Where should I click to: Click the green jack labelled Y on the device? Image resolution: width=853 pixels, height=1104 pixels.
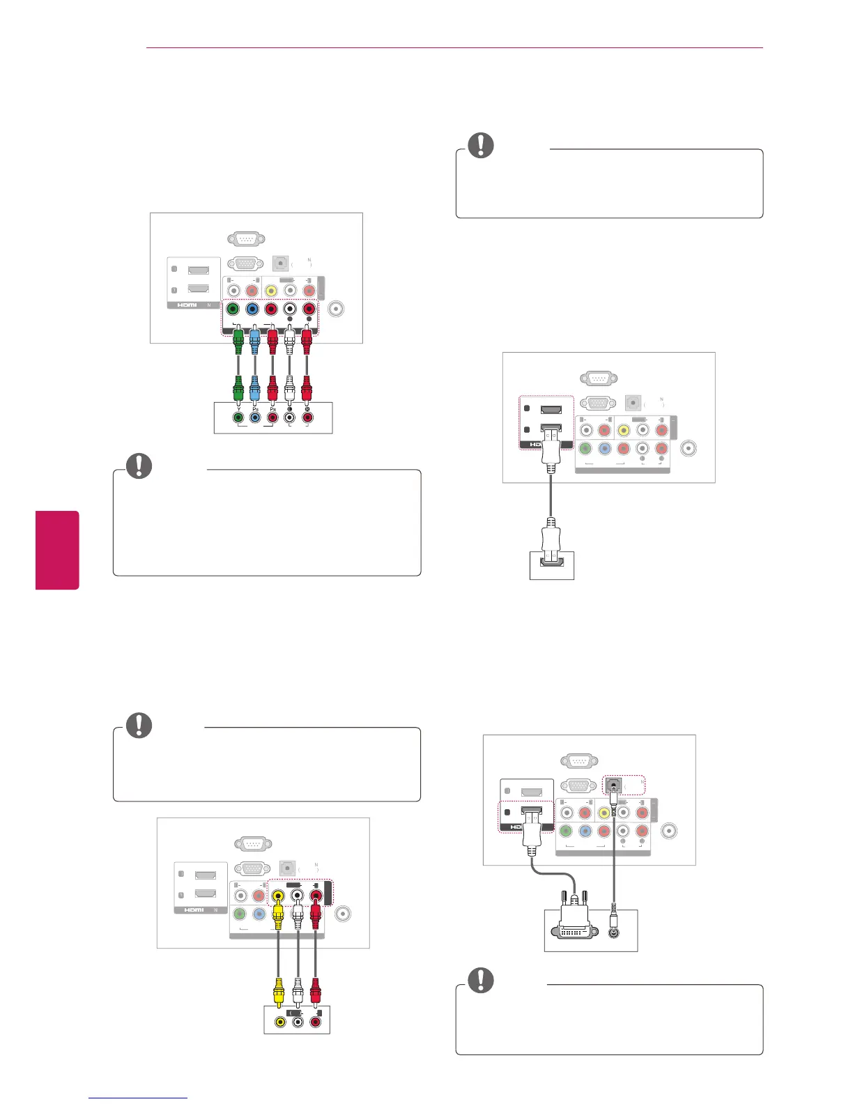(x=239, y=417)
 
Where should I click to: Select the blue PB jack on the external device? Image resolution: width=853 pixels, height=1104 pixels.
(x=256, y=417)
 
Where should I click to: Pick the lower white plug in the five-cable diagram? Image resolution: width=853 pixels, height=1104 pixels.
(x=290, y=385)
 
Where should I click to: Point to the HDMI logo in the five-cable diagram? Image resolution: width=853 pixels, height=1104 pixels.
(x=187, y=305)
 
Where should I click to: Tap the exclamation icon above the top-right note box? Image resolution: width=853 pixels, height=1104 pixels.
(x=480, y=145)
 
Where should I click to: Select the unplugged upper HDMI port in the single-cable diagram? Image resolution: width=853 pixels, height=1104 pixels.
(x=551, y=409)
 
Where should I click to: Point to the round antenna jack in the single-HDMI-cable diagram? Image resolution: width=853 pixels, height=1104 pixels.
(x=689, y=449)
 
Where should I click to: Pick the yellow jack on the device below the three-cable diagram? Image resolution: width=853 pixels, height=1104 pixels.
(x=280, y=1022)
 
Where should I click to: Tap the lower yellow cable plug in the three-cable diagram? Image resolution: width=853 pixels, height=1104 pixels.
(x=279, y=990)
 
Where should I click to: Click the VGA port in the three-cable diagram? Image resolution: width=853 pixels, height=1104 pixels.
(x=252, y=869)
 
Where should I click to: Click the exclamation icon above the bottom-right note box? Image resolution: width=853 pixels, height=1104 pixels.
(x=480, y=981)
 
